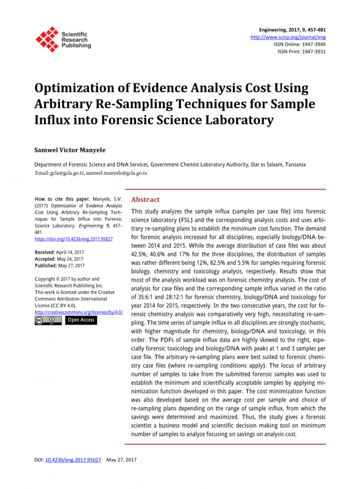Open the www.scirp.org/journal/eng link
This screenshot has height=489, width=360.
(x=288, y=37)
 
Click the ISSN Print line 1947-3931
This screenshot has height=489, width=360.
(x=302, y=51)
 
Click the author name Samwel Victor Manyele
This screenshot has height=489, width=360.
(x=70, y=150)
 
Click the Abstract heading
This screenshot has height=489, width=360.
(x=145, y=199)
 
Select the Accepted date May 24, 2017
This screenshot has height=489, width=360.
(x=70, y=259)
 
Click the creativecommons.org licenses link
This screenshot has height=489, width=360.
(x=79, y=312)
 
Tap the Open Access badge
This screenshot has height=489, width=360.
(x=81, y=320)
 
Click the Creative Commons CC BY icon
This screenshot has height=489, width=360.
(x=48, y=320)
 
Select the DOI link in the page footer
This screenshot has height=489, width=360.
(x=73, y=459)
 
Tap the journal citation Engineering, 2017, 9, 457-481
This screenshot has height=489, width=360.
(x=293, y=30)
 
